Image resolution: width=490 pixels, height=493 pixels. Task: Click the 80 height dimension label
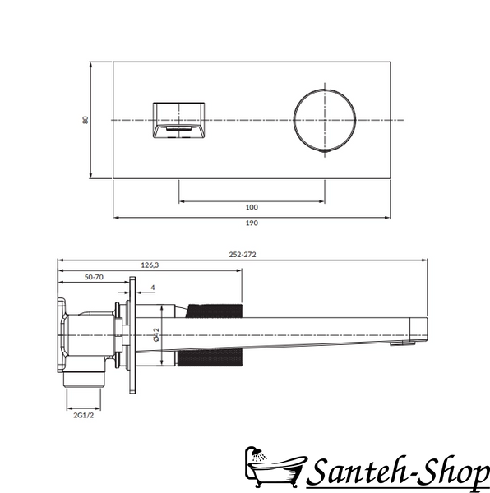[86, 120]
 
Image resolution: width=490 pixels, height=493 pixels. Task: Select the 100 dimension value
[252, 207]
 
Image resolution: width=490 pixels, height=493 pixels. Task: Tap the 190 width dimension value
[252, 223]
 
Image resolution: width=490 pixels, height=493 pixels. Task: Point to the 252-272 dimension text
[243, 255]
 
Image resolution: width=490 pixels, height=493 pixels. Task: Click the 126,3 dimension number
[150, 265]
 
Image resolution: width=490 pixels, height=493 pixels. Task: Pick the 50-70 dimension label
[94, 277]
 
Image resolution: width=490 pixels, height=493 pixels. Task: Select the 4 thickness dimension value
[153, 288]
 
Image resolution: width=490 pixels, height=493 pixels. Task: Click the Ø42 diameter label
[156, 334]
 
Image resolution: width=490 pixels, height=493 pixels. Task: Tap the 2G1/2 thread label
[84, 415]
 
